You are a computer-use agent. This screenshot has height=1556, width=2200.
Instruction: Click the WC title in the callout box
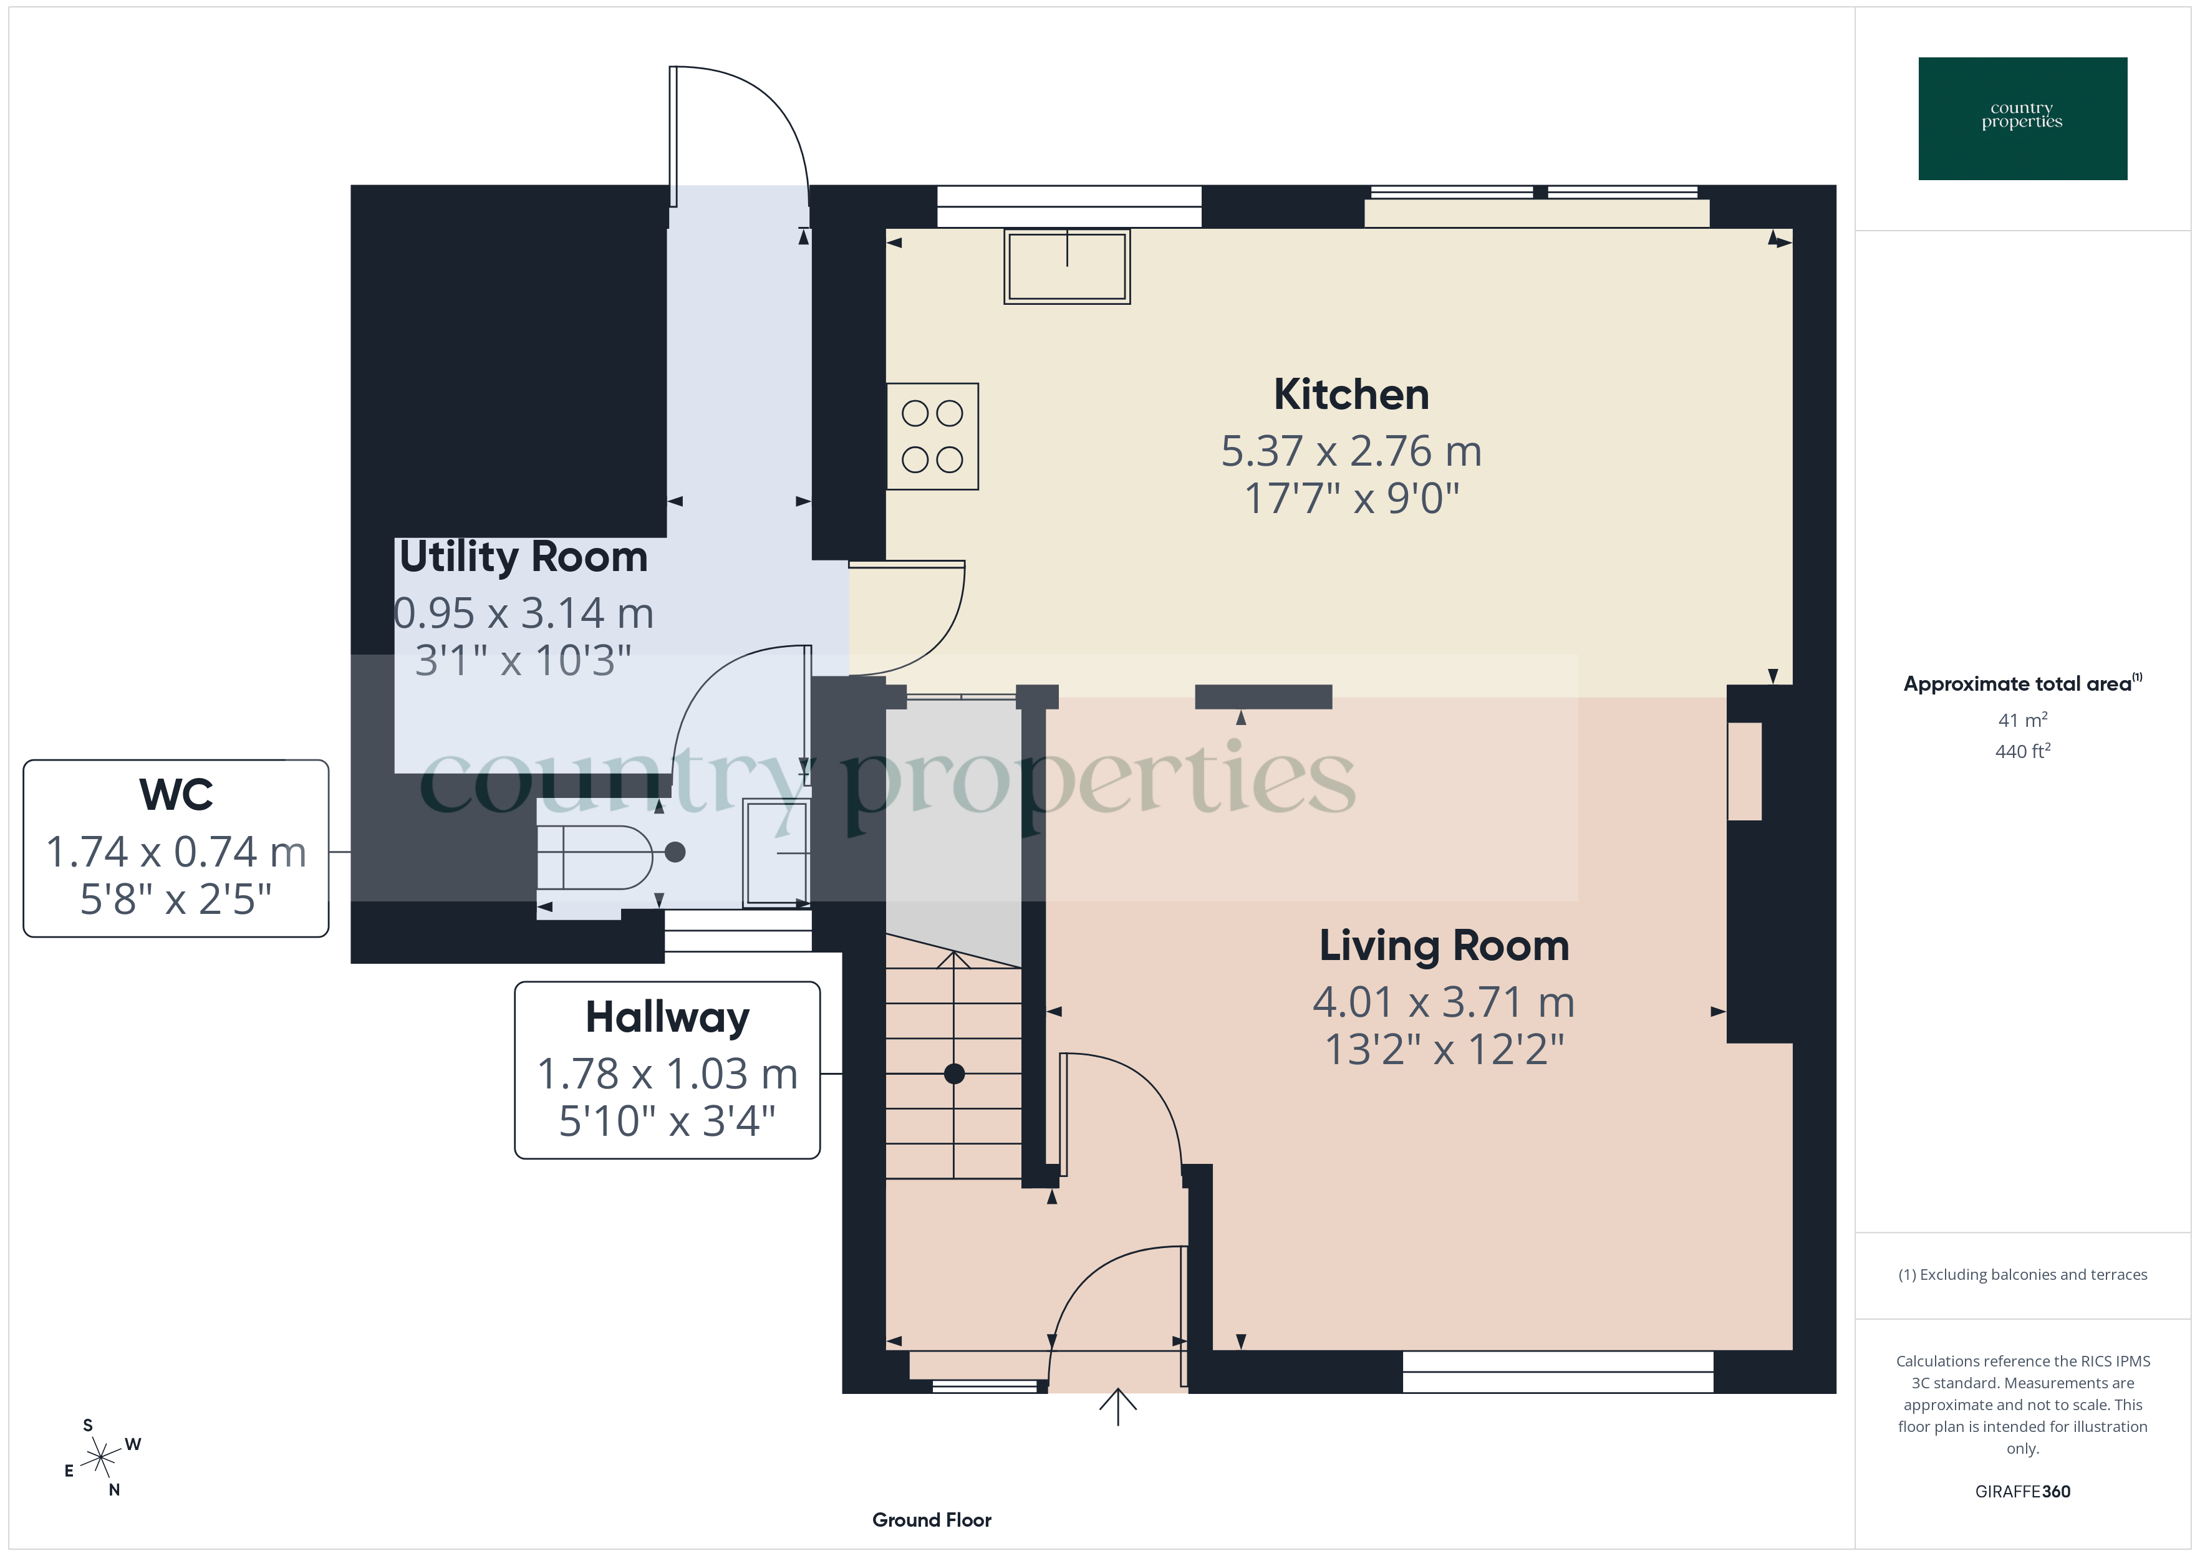point(176,794)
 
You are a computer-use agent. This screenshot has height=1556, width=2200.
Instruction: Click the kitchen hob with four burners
point(932,437)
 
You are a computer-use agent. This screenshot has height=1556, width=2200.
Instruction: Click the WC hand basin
point(776,852)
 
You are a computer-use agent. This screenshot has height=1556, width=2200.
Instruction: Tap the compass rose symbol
point(100,1458)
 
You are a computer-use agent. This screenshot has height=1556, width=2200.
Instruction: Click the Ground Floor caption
point(932,1520)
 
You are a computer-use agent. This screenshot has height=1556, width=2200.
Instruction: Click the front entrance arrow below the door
point(1117,1406)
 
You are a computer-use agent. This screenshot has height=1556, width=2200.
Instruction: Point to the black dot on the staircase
point(953,1074)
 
